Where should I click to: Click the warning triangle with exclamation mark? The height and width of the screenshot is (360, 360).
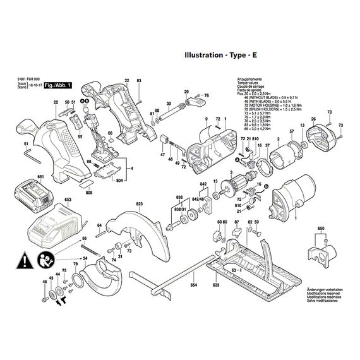(23, 259)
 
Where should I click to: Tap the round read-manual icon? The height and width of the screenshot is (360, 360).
(45, 259)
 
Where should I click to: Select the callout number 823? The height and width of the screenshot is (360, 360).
(139, 203)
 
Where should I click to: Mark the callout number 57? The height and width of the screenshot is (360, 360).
(291, 131)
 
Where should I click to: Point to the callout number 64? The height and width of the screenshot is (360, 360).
(99, 225)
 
